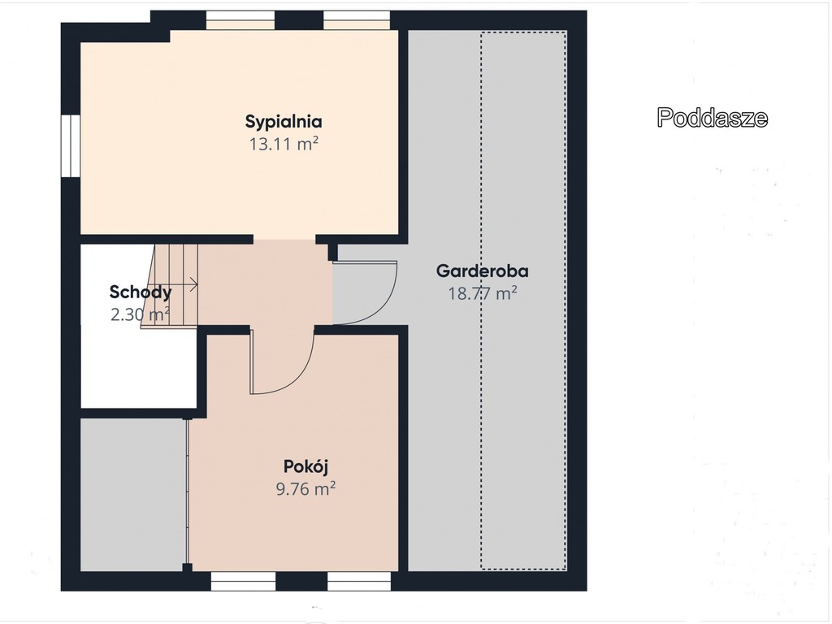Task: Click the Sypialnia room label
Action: [x=284, y=122]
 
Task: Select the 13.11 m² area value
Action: [x=284, y=144]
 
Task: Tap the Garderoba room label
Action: [x=483, y=271]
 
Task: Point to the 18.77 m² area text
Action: [x=483, y=293]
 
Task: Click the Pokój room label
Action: [x=305, y=466]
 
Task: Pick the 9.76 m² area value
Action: [x=305, y=488]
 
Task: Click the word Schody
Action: [x=141, y=292]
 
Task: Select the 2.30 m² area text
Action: [x=140, y=314]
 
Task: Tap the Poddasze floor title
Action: [x=712, y=118]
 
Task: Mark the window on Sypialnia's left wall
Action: [x=71, y=145]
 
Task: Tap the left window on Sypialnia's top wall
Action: [x=240, y=20]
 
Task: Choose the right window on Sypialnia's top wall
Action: [x=357, y=20]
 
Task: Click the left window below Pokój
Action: [x=244, y=581]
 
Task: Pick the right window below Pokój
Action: [x=359, y=581]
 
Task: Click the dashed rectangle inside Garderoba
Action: [x=524, y=301]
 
